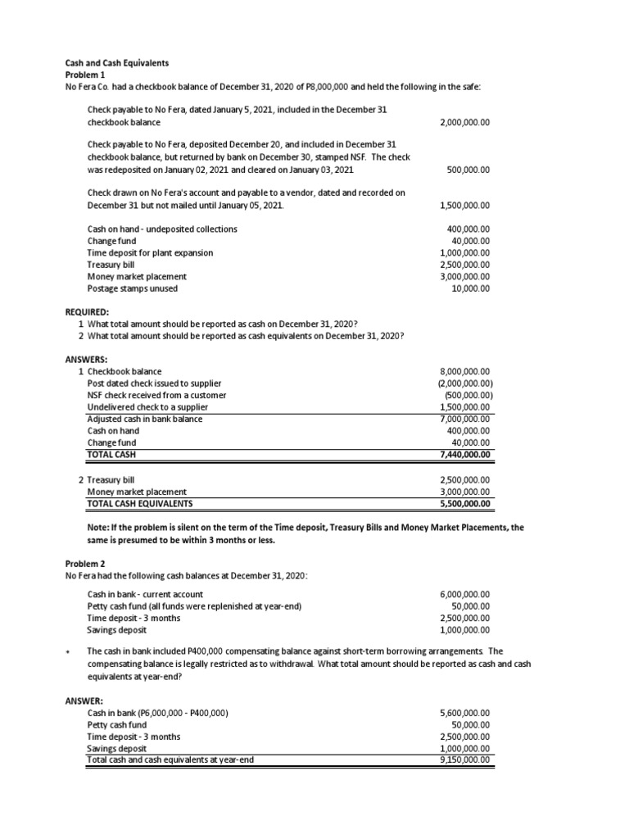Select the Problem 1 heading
coord(85,75)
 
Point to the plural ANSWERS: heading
coord(86,359)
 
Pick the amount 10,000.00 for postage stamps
coord(470,288)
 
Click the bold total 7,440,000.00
coord(464,454)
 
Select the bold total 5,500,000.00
coord(464,503)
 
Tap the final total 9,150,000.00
coord(464,760)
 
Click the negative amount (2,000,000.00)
coord(463,383)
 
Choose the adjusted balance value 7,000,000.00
coord(464,419)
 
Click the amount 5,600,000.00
coord(464,713)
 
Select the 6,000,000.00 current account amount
coord(464,594)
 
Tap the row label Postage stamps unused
coord(132,288)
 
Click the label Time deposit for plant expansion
coord(150,253)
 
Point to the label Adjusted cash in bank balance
coord(145,419)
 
